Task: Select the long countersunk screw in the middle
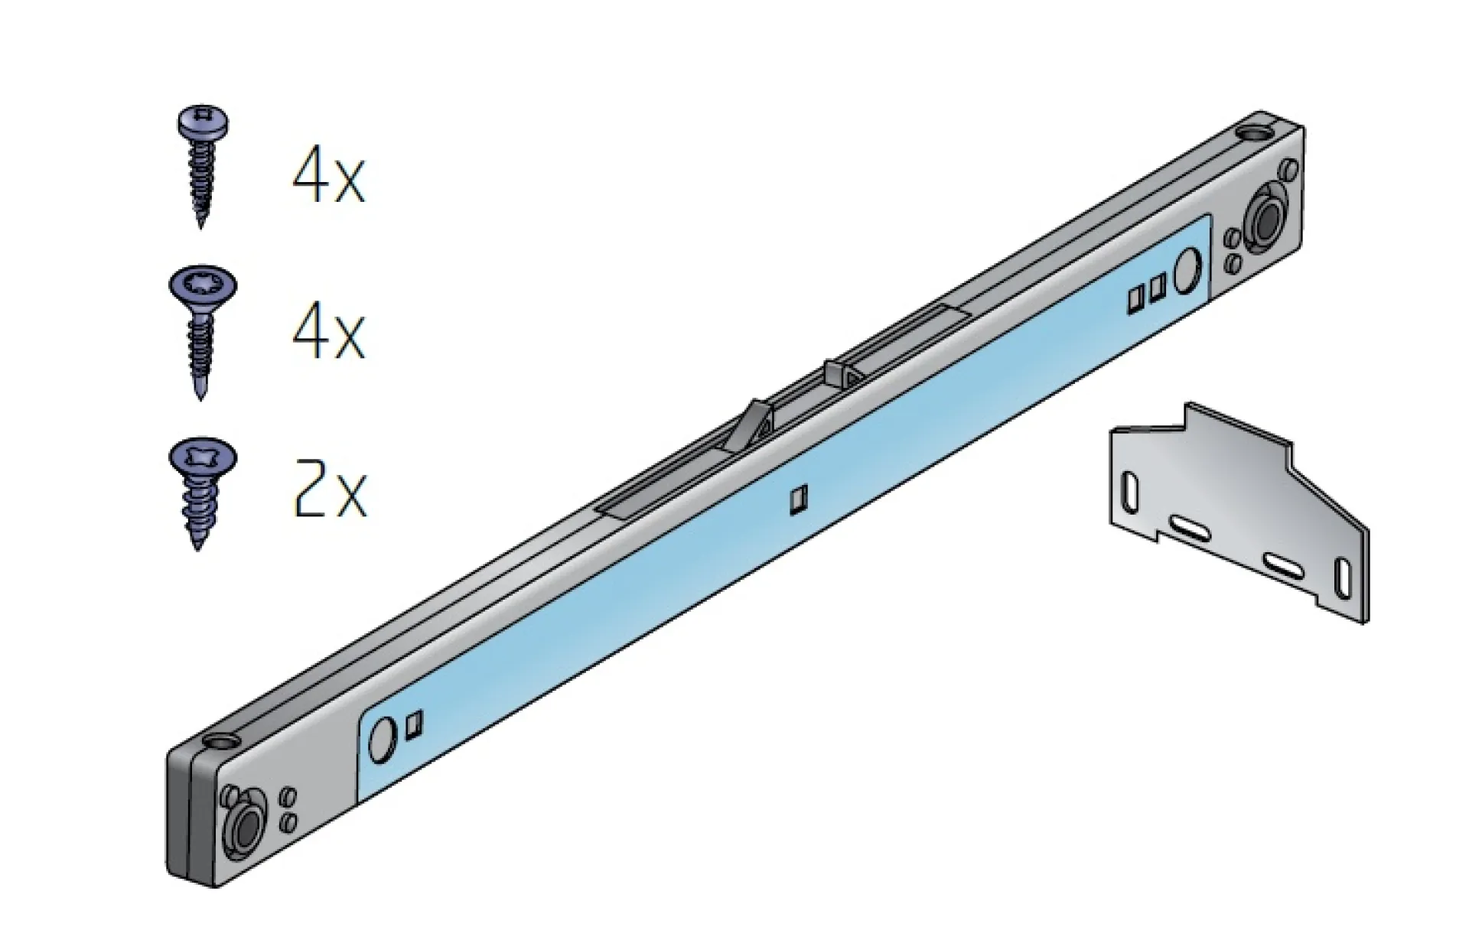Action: pyautogui.click(x=202, y=333)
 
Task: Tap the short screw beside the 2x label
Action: pyautogui.click(x=201, y=494)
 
